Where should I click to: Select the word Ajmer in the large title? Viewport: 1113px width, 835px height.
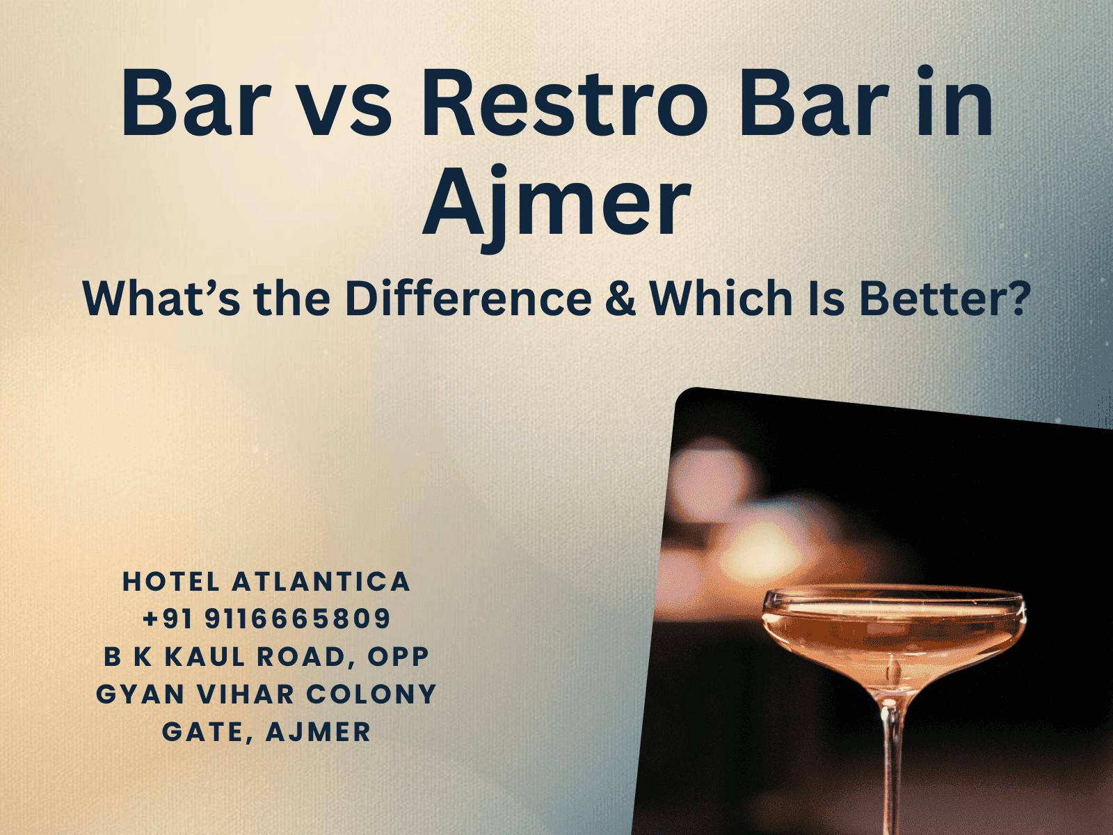pyautogui.click(x=556, y=202)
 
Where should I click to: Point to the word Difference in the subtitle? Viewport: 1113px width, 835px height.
pyautogui.click(x=467, y=299)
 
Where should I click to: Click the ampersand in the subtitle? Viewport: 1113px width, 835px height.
pyautogui.click(x=620, y=299)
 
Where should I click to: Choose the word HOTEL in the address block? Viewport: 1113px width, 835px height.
pyautogui.click(x=171, y=582)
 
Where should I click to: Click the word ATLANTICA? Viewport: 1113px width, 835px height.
pyautogui.click(x=321, y=582)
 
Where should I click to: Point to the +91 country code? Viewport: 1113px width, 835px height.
pyautogui.click(x=168, y=619)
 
